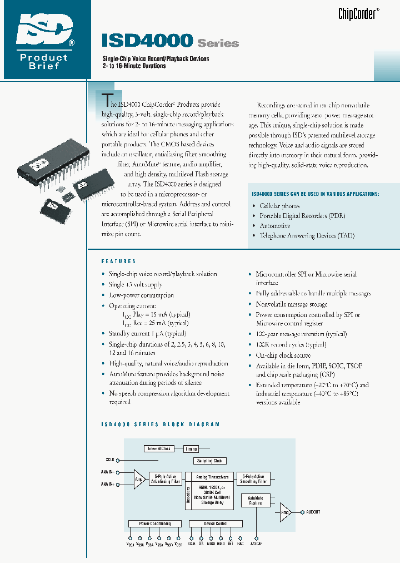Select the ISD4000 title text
pos(147,41)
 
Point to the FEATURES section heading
pos(118,261)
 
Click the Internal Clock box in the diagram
pos(159,448)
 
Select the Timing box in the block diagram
pos(191,448)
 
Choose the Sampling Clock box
pos(209,461)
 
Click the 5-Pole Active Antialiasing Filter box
pos(166,478)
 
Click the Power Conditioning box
pos(154,524)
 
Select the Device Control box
pos(216,524)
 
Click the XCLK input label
pos(110,460)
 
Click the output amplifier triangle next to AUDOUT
pos(284,512)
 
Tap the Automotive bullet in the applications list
pos(274,226)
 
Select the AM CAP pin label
pos(256,544)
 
